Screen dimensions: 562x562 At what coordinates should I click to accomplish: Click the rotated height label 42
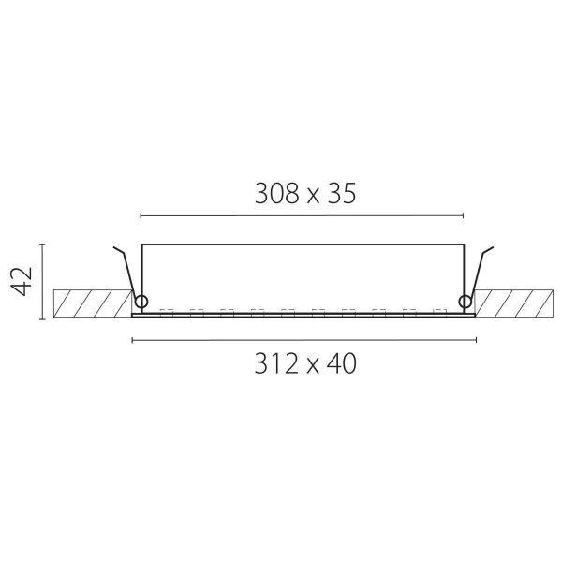pyautogui.click(x=22, y=281)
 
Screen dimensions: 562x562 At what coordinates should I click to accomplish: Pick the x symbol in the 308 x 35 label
pyautogui.click(x=313, y=197)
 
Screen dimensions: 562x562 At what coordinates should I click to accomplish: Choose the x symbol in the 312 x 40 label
pyautogui.click(x=313, y=367)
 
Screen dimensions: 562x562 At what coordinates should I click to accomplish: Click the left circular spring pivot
pyautogui.click(x=140, y=302)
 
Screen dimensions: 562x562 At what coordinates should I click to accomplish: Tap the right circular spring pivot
pyautogui.click(x=466, y=302)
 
